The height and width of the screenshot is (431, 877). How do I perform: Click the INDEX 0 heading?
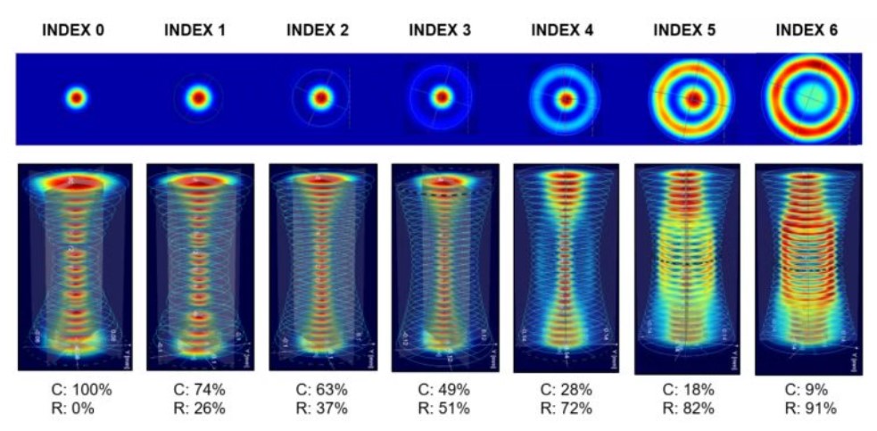click(75, 30)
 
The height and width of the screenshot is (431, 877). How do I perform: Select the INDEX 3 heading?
click(440, 30)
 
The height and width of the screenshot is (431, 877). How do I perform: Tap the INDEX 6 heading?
click(807, 30)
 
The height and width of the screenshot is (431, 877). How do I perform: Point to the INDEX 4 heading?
click(562, 30)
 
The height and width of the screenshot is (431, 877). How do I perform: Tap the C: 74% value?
click(199, 390)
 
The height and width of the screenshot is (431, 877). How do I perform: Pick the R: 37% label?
click(321, 409)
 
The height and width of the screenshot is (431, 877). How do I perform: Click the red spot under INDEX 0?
click(76, 97)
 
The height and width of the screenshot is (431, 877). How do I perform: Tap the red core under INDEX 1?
click(197, 96)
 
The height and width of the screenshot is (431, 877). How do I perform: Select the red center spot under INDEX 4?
click(565, 99)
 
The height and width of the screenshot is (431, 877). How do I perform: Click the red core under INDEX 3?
click(441, 96)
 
